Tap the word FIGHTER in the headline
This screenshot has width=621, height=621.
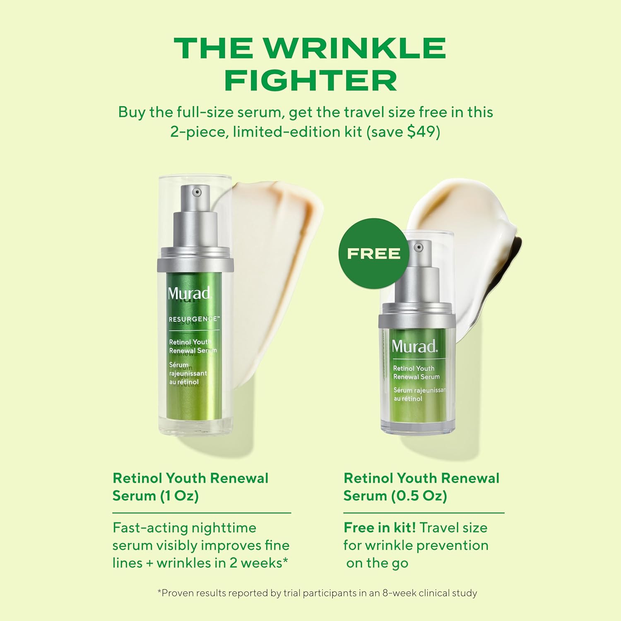coord(310,81)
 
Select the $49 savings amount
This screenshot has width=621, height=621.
coord(421,132)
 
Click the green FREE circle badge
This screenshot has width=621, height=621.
coord(373,253)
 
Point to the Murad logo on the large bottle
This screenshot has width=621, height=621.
coord(189,293)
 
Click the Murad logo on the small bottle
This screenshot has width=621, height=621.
coord(414,346)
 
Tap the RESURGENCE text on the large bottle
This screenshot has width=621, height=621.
coord(194,319)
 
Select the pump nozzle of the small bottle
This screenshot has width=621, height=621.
coord(419,248)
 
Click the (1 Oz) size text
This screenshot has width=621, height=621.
coord(179,496)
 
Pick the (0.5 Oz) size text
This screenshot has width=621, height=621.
coord(419,496)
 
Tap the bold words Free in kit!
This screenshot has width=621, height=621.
coord(379,528)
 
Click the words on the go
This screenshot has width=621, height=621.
coord(377,563)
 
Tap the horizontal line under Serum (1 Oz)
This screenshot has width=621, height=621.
coord(202,513)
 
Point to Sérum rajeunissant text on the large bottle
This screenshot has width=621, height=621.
coord(187,369)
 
